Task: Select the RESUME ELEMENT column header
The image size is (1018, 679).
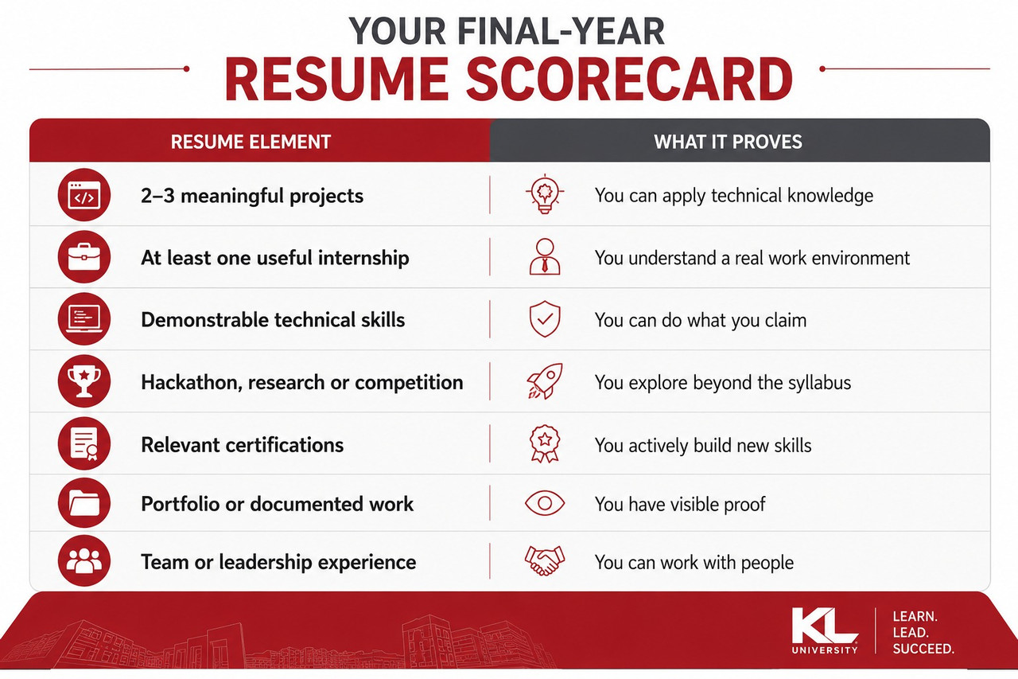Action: click(251, 142)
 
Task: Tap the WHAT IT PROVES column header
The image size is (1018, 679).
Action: click(728, 142)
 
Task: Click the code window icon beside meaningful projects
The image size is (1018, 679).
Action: click(84, 195)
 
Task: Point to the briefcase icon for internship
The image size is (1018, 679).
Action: click(84, 257)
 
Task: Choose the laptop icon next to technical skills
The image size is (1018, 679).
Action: click(84, 319)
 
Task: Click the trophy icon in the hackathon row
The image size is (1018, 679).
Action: click(84, 381)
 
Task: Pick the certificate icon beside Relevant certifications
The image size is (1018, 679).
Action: click(84, 443)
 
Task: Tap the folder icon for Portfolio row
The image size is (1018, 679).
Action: click(84, 503)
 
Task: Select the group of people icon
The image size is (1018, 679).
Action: click(84, 560)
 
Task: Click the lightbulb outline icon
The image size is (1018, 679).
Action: click(545, 193)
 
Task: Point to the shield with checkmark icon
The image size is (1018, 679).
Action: click(545, 319)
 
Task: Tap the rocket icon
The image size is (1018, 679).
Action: click(545, 381)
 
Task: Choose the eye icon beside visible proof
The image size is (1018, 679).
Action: click(545, 503)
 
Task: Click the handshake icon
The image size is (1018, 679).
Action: click(545, 560)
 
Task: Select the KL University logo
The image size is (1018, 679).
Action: click(825, 631)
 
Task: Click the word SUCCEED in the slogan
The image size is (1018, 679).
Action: click(923, 649)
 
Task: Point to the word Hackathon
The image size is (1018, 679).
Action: click(191, 382)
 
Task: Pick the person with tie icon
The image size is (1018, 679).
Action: click(545, 257)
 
